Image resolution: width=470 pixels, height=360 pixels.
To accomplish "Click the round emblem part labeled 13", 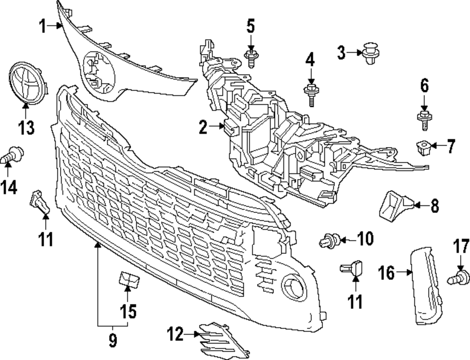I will click(x=27, y=82).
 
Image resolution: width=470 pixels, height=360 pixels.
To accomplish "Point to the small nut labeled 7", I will click(x=423, y=147).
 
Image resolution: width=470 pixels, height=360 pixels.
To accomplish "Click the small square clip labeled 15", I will click(x=128, y=280).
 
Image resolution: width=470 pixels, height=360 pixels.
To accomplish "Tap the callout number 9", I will click(x=112, y=340).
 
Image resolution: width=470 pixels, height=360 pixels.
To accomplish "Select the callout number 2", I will click(x=203, y=127).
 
